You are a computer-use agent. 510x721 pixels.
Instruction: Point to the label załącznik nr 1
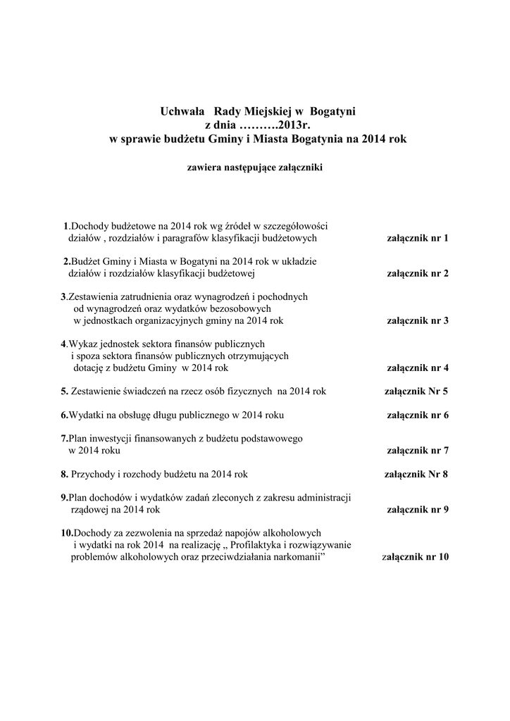[417, 238]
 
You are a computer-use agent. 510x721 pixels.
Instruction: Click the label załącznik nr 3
[417, 320]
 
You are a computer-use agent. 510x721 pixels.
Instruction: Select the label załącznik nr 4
[417, 368]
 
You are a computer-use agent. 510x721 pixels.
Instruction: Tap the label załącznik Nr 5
[416, 391]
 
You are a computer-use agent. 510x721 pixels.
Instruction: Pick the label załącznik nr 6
[417, 415]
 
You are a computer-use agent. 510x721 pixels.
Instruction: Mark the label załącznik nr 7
[417, 450]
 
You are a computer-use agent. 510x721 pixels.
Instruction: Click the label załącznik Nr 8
[416, 474]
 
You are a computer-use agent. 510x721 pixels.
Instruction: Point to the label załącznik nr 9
[417, 509]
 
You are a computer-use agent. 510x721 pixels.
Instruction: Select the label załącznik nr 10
[415, 557]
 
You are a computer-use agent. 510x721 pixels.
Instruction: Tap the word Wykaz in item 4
[82, 344]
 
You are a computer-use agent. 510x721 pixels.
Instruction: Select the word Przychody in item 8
[94, 474]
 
